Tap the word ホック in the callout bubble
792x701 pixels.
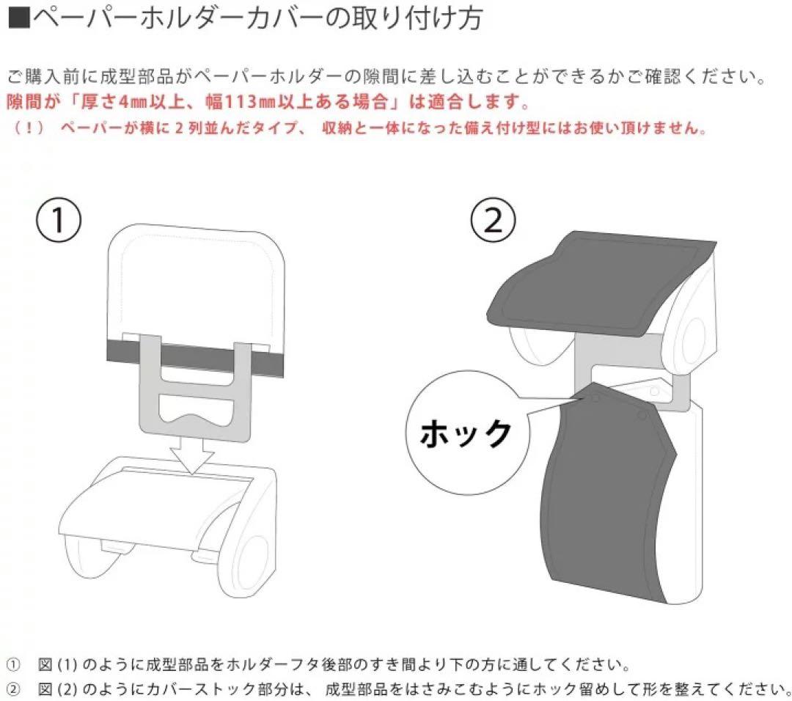465,433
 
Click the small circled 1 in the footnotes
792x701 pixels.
14,666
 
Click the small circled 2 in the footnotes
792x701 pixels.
14,688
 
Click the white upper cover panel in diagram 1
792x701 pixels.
195,282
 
